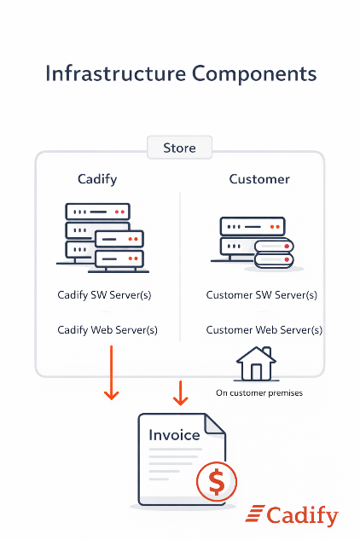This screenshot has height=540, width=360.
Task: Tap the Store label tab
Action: (x=179, y=148)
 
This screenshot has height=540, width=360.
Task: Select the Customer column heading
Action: (x=259, y=179)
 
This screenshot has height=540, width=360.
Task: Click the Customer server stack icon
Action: (x=255, y=243)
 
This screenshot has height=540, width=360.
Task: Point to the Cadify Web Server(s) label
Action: (x=107, y=329)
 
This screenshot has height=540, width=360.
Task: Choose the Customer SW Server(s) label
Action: (x=262, y=295)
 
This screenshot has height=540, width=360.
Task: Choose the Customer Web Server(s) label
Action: (x=264, y=329)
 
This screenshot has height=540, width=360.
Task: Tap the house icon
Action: (x=254, y=364)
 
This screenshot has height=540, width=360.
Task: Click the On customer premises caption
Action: (x=258, y=393)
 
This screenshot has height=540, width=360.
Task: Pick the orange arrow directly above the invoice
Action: (x=179, y=392)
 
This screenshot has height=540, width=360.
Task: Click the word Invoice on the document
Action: (x=174, y=435)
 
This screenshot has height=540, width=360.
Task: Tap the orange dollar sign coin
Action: (x=217, y=483)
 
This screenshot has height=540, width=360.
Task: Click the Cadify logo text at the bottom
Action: (x=302, y=516)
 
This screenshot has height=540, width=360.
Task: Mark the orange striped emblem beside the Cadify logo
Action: (x=254, y=514)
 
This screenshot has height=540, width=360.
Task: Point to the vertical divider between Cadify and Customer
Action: (x=180, y=264)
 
